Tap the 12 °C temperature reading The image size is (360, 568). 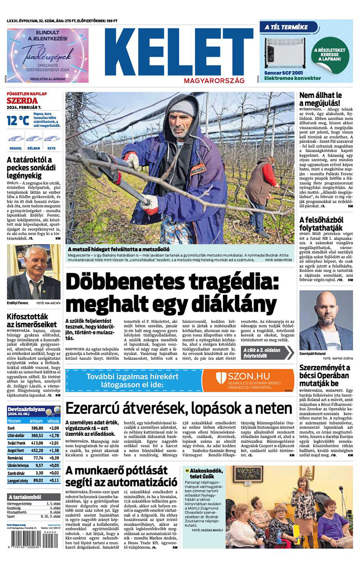(18, 120)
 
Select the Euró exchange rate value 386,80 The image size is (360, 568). (37, 428)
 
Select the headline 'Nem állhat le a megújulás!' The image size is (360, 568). (320, 100)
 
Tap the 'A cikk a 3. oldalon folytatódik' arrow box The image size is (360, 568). (268, 353)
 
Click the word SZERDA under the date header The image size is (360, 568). (22, 101)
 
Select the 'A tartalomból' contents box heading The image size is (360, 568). (25, 496)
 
